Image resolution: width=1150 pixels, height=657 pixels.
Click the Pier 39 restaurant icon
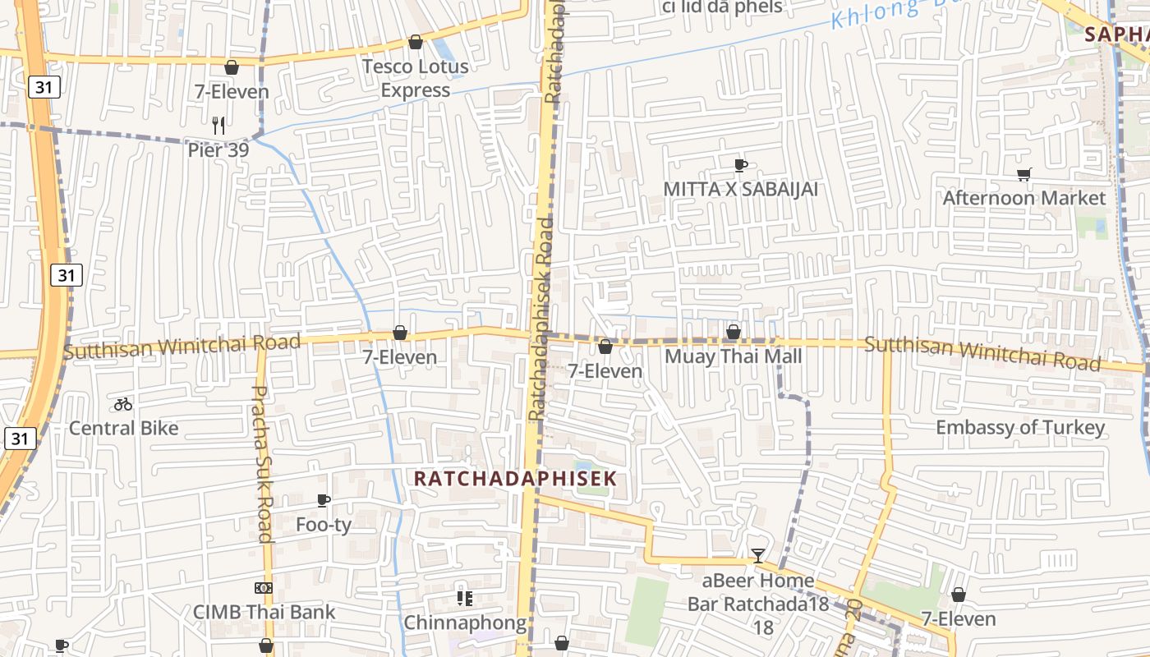click(x=218, y=125)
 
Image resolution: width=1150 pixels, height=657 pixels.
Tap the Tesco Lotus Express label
click(x=415, y=78)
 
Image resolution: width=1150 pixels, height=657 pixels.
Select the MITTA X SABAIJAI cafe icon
click(x=740, y=165)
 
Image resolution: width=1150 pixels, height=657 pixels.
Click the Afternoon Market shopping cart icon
click(x=1023, y=174)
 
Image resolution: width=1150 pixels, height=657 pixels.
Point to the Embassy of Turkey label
click(x=1020, y=428)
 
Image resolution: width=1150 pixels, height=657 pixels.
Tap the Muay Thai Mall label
click(x=733, y=356)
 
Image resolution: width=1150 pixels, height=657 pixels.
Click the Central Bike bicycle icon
click(x=123, y=404)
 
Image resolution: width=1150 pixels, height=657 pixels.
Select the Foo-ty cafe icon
click(x=324, y=500)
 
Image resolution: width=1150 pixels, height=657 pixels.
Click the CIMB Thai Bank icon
click(x=264, y=588)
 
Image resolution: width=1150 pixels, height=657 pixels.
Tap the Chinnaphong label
click(x=465, y=623)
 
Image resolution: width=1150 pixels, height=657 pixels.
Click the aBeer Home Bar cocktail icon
click(x=758, y=556)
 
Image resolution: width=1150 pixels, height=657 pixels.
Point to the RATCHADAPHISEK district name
click(x=515, y=478)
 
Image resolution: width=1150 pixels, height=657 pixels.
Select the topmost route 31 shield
click(x=43, y=86)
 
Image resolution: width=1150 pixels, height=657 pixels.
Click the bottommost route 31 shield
click(x=20, y=439)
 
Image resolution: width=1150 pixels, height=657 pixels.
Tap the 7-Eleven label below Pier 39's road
click(x=232, y=91)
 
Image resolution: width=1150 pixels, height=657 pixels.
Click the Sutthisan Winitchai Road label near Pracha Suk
click(x=182, y=347)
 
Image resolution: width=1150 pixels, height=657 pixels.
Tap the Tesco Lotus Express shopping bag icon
click(x=416, y=42)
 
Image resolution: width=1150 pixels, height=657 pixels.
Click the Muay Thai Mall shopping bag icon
click(x=734, y=332)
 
